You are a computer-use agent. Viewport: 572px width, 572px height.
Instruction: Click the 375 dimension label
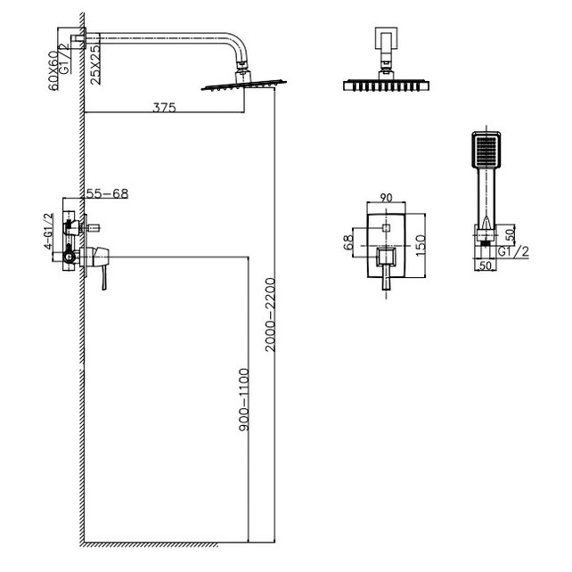164,108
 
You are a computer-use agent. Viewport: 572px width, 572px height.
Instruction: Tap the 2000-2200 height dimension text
270,315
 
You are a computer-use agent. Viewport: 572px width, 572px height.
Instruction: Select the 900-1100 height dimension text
244,400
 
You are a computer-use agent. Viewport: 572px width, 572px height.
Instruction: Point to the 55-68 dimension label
107,193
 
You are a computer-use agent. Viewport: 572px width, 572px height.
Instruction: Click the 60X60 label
53,70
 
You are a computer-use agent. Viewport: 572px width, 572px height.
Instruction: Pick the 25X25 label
95,65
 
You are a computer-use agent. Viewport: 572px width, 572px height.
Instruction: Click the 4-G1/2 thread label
48,231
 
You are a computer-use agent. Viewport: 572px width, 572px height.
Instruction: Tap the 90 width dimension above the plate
387,198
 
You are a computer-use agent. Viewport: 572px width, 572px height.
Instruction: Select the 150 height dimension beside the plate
421,245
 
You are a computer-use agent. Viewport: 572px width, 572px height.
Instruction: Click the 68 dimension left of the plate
348,242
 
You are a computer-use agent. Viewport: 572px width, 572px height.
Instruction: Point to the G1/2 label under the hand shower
513,252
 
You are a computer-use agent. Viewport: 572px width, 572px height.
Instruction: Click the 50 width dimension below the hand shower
486,266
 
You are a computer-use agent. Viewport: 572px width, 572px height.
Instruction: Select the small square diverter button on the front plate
387,228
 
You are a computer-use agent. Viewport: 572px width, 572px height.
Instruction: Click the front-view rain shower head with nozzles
386,85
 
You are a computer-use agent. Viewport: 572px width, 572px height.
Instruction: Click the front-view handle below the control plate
387,278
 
